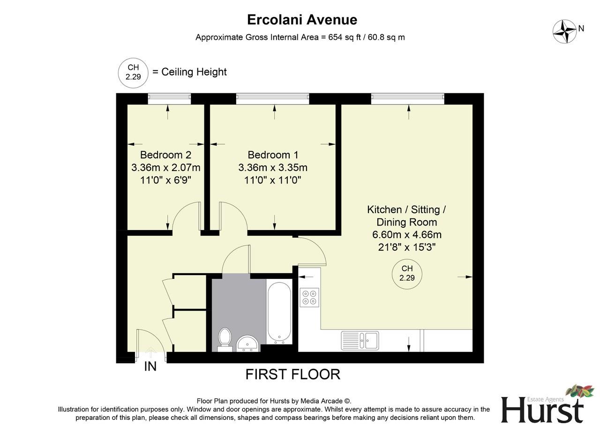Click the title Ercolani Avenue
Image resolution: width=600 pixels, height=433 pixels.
tap(302, 20)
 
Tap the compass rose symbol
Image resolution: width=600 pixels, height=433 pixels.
tap(564, 32)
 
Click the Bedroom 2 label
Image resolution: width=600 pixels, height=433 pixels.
tap(165, 155)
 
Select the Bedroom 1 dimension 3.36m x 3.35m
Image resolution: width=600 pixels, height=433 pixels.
tap(273, 167)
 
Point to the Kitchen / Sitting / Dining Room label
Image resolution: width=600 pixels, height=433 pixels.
tap(406, 216)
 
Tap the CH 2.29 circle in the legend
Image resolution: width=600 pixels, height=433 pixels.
tap(133, 72)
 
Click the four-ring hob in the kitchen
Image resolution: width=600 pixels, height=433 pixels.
tap(309, 297)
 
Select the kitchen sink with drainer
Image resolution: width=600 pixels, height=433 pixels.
tap(360, 341)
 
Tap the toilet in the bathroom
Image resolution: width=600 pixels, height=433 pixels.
tap(225, 338)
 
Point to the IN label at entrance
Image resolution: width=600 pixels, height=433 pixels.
tap(150, 366)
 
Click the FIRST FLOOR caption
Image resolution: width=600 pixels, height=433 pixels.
tap(293, 374)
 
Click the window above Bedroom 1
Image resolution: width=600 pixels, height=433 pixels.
tap(273, 98)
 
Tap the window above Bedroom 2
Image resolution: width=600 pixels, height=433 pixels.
tap(169, 98)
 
